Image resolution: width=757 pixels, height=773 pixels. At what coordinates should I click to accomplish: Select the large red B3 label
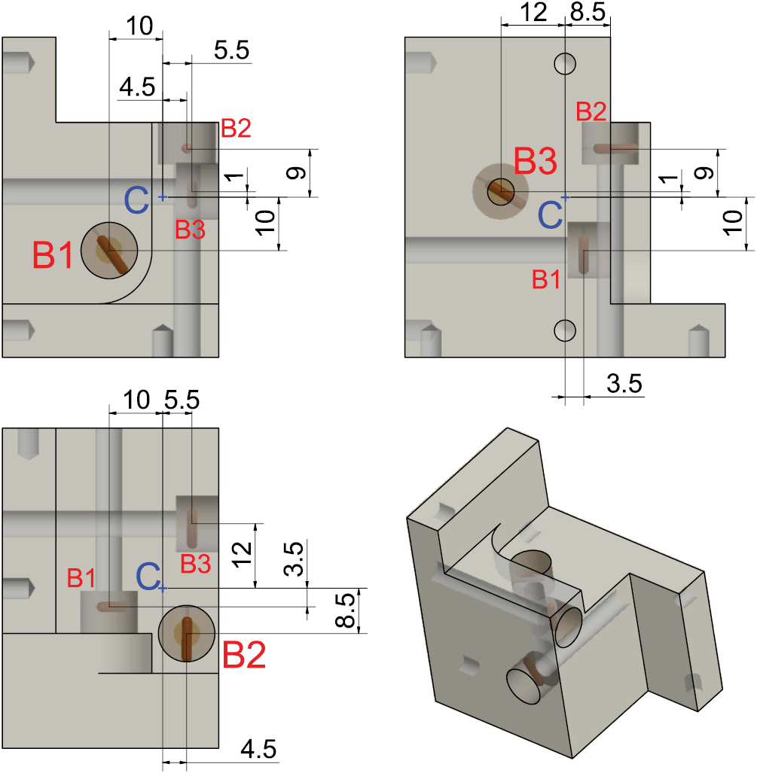536,163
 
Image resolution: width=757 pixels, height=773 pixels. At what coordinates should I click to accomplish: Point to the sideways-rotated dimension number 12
243,555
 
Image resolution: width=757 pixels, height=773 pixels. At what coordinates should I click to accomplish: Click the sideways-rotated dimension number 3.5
295,558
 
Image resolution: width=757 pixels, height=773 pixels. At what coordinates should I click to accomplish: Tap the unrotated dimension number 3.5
624,384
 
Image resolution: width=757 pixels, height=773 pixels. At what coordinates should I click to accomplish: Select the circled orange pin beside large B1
109,250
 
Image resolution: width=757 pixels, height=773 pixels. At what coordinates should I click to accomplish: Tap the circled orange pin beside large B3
499,192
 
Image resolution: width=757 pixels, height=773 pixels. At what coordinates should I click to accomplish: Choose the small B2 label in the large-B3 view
591,112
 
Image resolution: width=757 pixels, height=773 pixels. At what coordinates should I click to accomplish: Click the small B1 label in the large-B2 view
81,578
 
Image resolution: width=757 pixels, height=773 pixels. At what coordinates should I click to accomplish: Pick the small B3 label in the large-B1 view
190,230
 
